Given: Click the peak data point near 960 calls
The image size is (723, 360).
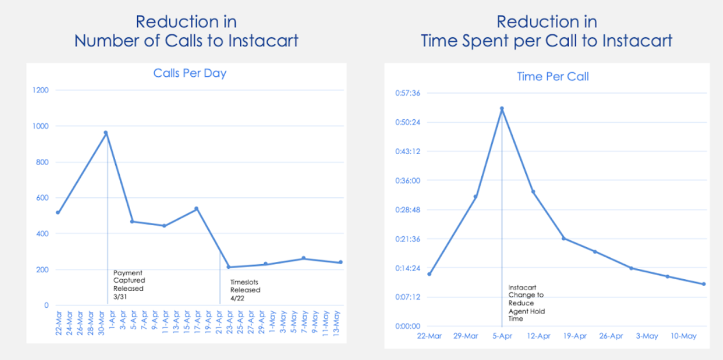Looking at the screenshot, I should [106, 133].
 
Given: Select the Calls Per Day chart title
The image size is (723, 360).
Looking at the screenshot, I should [189, 73].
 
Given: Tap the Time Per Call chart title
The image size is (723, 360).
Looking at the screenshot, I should [552, 76].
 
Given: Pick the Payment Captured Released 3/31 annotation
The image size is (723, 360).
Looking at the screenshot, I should [129, 284].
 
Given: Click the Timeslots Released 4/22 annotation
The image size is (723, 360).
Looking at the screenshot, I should [245, 290].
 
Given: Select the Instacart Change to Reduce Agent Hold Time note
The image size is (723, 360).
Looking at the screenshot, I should [526, 303].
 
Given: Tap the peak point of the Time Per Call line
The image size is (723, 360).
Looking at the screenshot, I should [502, 108].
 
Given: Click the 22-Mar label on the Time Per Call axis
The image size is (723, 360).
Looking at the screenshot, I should [429, 336].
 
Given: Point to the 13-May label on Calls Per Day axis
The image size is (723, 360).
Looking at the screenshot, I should [337, 324].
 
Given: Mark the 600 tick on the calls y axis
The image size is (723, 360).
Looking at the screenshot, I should [42, 198].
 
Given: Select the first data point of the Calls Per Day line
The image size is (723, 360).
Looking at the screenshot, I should [58, 213].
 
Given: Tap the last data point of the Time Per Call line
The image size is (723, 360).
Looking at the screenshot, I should [704, 284].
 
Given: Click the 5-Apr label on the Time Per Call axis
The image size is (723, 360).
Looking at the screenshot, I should [502, 336].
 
